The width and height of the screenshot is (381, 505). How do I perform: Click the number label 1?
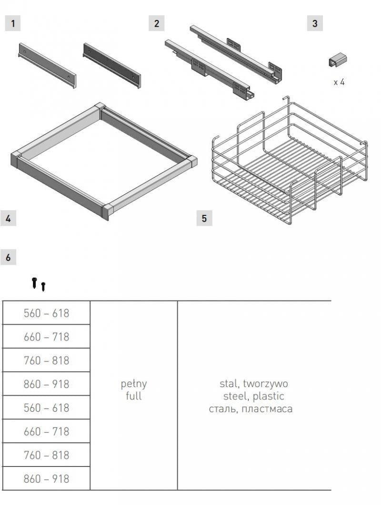pyautogui.click(x=13, y=23)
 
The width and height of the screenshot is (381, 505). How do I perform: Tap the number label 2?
pyautogui.click(x=157, y=23)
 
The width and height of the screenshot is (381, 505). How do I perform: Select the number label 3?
pyautogui.click(x=315, y=23)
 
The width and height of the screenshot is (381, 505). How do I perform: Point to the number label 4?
pyautogui.click(x=8, y=219)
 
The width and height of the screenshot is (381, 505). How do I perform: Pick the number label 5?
pyautogui.click(x=204, y=219)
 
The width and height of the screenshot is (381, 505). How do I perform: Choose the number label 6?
pyautogui.click(x=8, y=257)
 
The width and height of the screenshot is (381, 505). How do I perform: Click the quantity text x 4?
pyautogui.click(x=339, y=82)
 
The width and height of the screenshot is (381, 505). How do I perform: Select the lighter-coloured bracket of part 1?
pyautogui.click(x=47, y=66)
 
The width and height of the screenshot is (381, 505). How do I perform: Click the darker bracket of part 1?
pyautogui.click(x=112, y=66)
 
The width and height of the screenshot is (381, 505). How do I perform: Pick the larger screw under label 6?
pyautogui.click(x=34, y=282)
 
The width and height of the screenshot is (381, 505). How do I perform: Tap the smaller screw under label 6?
pyautogui.click(x=43, y=286)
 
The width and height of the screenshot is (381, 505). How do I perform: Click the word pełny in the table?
pyautogui.click(x=133, y=384)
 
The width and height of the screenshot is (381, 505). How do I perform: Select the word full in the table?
pyautogui.click(x=133, y=396)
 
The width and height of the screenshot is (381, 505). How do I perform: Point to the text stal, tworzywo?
pyautogui.click(x=253, y=384)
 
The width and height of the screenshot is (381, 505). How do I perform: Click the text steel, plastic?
pyautogui.click(x=253, y=396)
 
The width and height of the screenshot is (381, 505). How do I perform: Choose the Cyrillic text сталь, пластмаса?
pyautogui.click(x=251, y=409)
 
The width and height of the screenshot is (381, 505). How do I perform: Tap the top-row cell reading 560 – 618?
pyautogui.click(x=47, y=313)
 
